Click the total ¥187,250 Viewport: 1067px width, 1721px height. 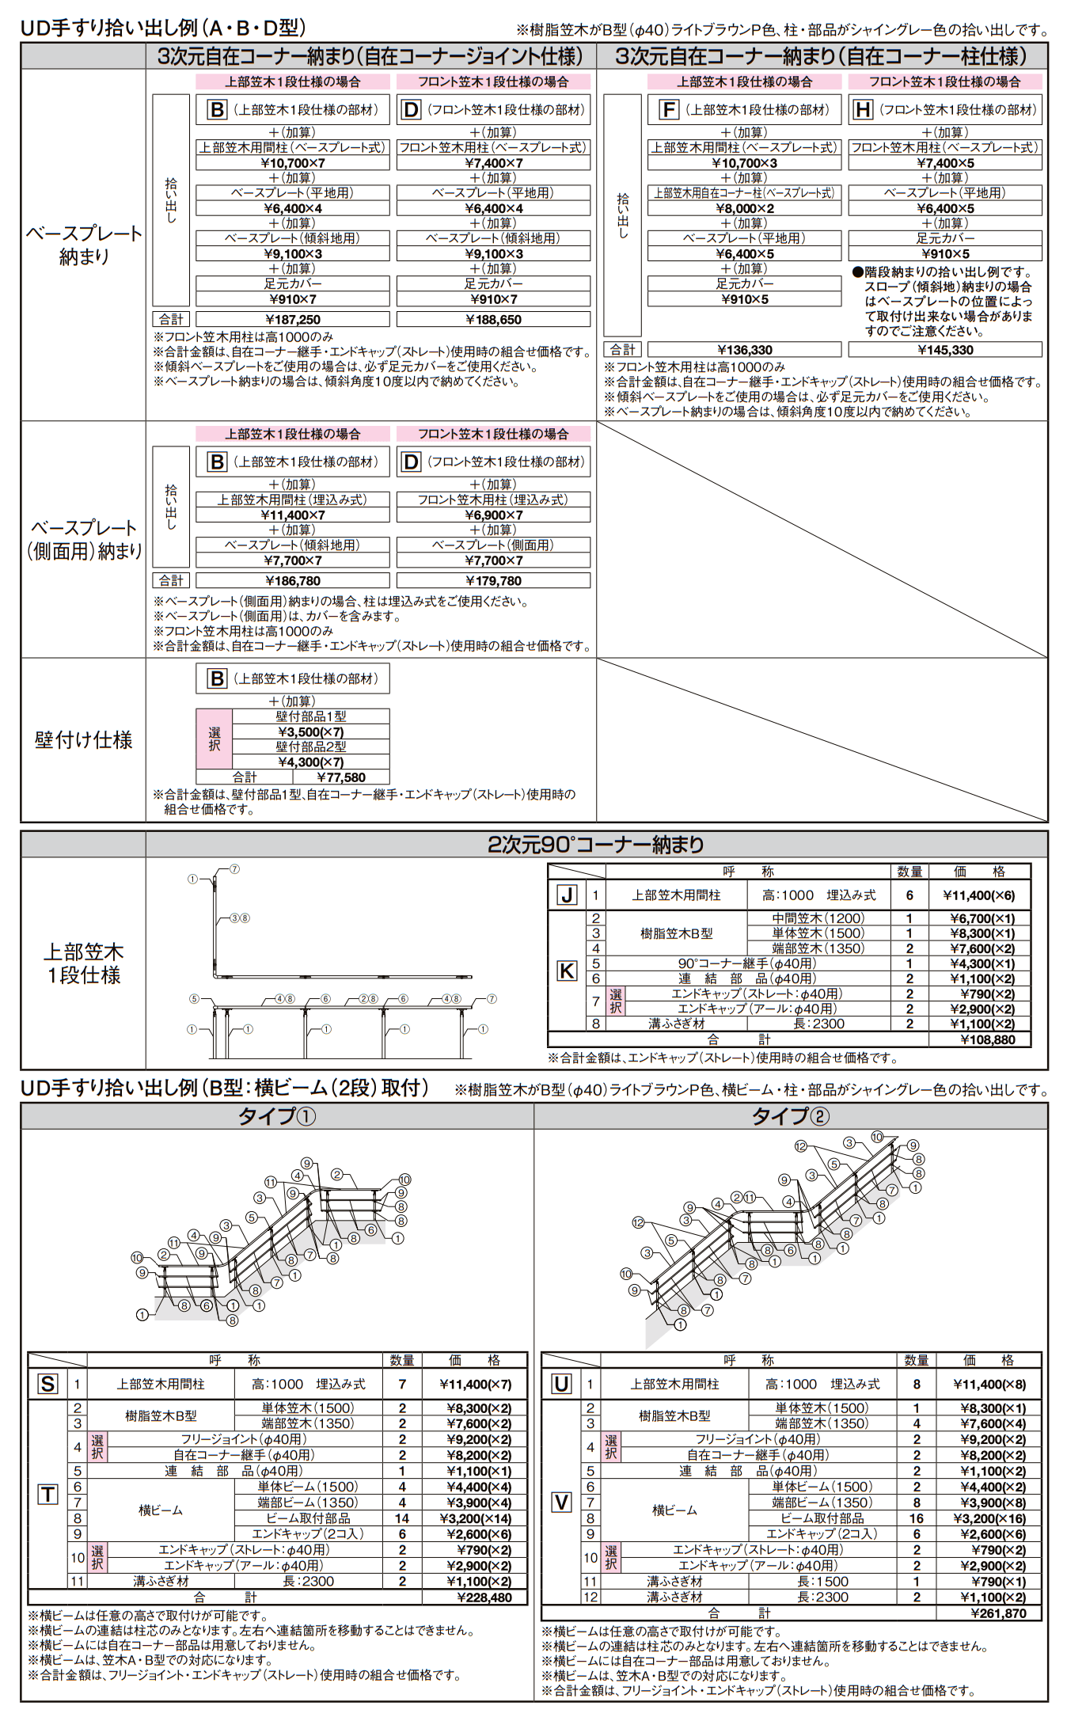tap(292, 320)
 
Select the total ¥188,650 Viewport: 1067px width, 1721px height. tap(493, 320)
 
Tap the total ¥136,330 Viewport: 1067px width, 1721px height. tap(744, 350)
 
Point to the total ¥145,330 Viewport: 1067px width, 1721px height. tap(945, 350)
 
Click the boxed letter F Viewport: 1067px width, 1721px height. tap(669, 110)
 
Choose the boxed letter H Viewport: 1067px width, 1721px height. tap(863, 110)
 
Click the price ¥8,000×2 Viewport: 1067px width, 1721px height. tap(744, 209)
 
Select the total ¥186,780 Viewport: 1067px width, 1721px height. tap(292, 581)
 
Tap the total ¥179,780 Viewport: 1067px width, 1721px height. tap(493, 581)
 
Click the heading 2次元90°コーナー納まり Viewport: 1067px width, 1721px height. tap(595, 845)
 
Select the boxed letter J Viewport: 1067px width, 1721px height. tap(567, 895)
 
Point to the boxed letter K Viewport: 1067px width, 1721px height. tap(567, 971)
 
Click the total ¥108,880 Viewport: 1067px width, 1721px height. tap(987, 1040)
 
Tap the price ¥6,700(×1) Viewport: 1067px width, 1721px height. tap(982, 918)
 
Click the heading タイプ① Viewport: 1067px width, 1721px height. tap(277, 1117)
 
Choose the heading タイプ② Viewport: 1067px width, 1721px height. tap(790, 1117)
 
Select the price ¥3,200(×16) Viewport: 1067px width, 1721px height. tap(989, 1518)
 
